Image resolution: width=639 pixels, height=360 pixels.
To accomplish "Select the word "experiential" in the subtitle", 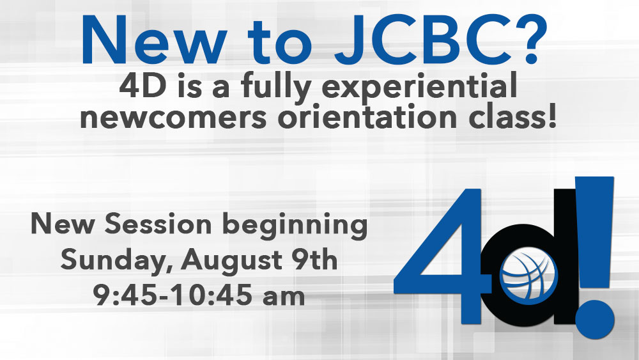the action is pos(419,86).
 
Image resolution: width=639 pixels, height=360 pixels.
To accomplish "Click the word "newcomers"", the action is pos(173,116).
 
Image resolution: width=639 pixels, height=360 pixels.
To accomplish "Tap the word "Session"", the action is pos(158,224).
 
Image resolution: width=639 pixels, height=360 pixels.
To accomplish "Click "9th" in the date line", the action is pos(314,259).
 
